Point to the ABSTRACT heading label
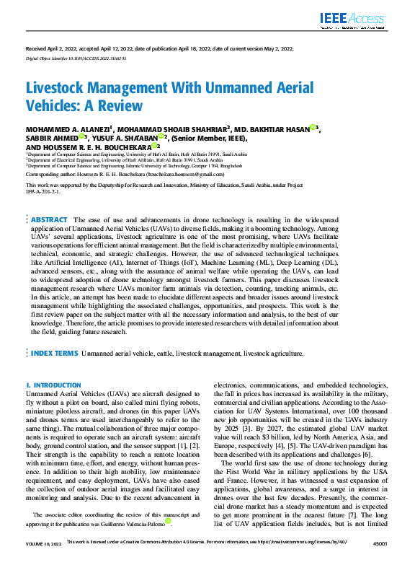[x=50, y=219]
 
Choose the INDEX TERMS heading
[x=54, y=354]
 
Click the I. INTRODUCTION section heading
[x=53, y=386]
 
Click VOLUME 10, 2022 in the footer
[x=43, y=561]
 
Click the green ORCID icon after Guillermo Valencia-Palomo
[x=168, y=520]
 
